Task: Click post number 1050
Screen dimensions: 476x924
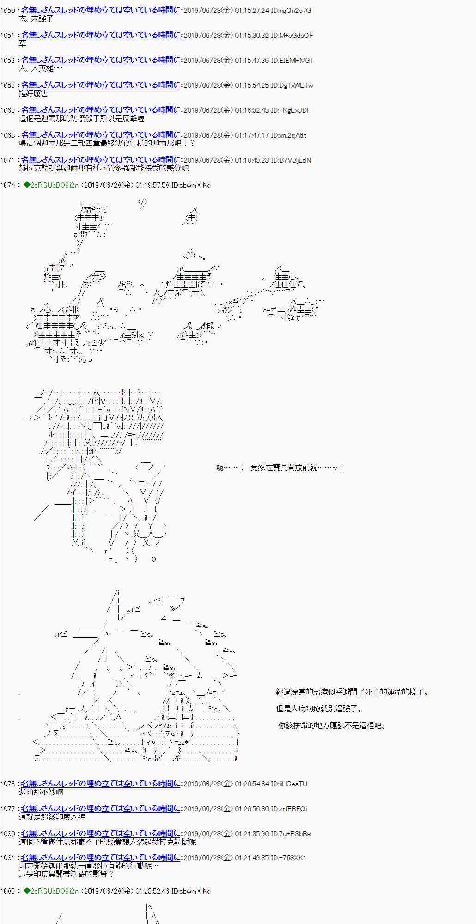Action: [7, 11]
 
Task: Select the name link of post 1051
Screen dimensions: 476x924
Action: [101, 36]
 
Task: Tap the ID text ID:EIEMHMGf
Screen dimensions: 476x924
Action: [292, 61]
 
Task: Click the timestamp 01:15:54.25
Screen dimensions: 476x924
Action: [251, 85]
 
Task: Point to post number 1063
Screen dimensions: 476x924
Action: [7, 110]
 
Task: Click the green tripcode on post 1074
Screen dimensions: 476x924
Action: [51, 185]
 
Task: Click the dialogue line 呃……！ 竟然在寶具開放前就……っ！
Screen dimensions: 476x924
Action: [280, 468]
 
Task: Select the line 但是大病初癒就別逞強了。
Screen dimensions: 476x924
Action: [319, 709]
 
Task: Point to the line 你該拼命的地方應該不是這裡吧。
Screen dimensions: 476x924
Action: [331, 725]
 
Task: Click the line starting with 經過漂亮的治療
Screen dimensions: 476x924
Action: [352, 692]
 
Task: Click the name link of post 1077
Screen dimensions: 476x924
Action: [101, 809]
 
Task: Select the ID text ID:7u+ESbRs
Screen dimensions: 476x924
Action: [291, 834]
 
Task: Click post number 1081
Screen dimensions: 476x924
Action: [7, 858]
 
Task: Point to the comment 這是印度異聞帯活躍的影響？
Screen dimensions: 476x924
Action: [66, 874]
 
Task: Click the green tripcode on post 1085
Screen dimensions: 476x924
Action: [51, 891]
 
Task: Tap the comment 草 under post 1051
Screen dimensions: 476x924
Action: [22, 43]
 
